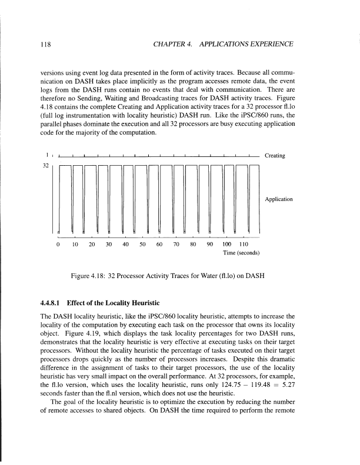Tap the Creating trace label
275,156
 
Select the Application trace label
279,199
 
